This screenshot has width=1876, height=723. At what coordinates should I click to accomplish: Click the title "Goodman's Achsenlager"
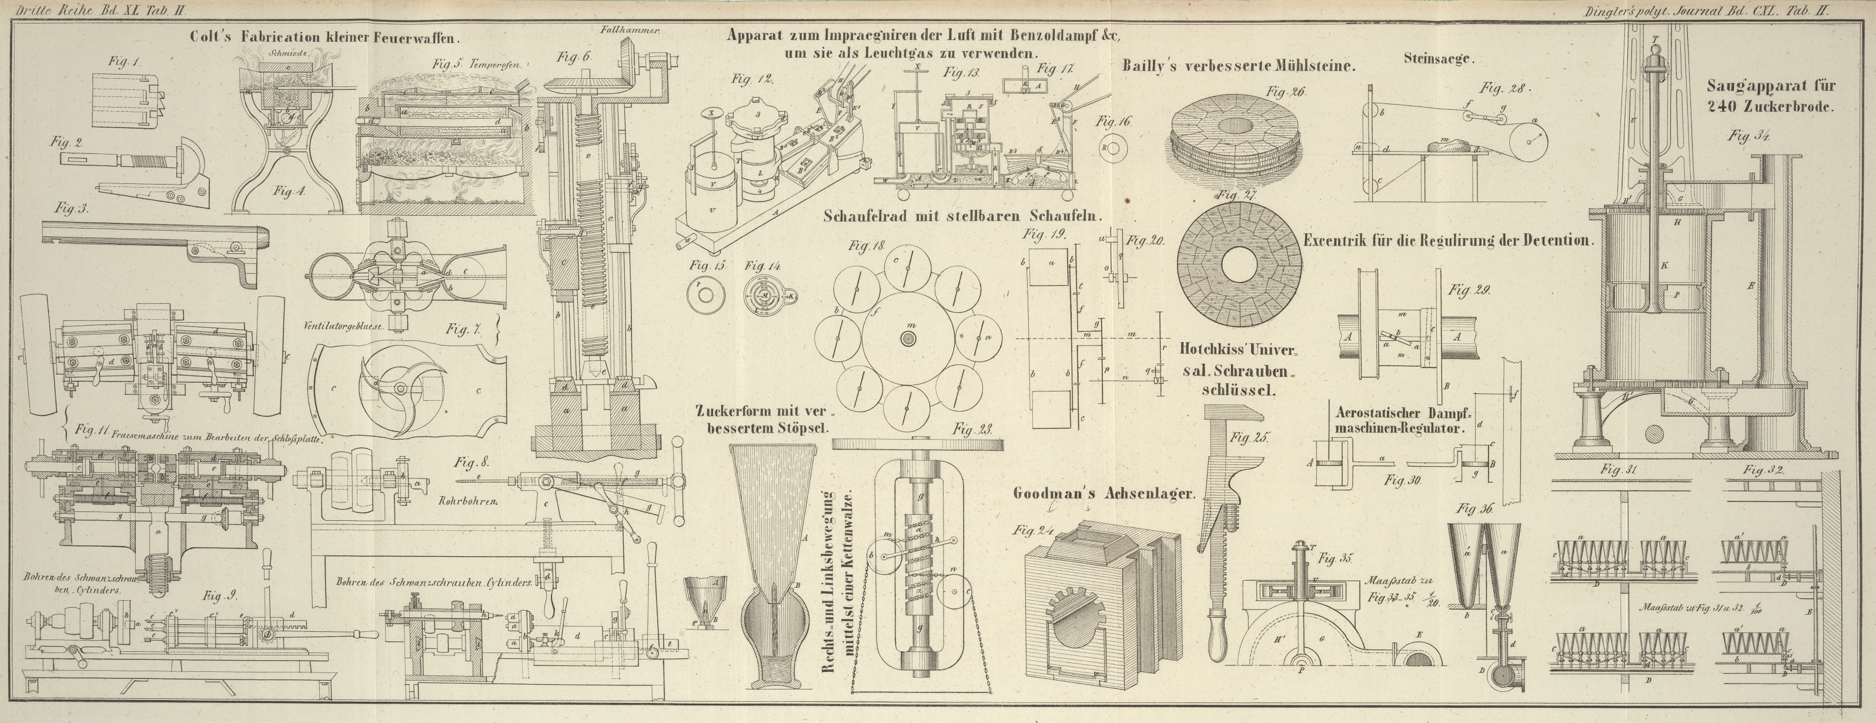[1104, 494]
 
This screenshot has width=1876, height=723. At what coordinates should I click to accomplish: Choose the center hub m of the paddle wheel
[907, 339]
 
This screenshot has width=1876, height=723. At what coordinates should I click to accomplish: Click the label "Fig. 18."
[867, 246]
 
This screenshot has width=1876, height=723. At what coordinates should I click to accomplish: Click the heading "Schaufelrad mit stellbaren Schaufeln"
[963, 216]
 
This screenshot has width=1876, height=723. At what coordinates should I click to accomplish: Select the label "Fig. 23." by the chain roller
[973, 430]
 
